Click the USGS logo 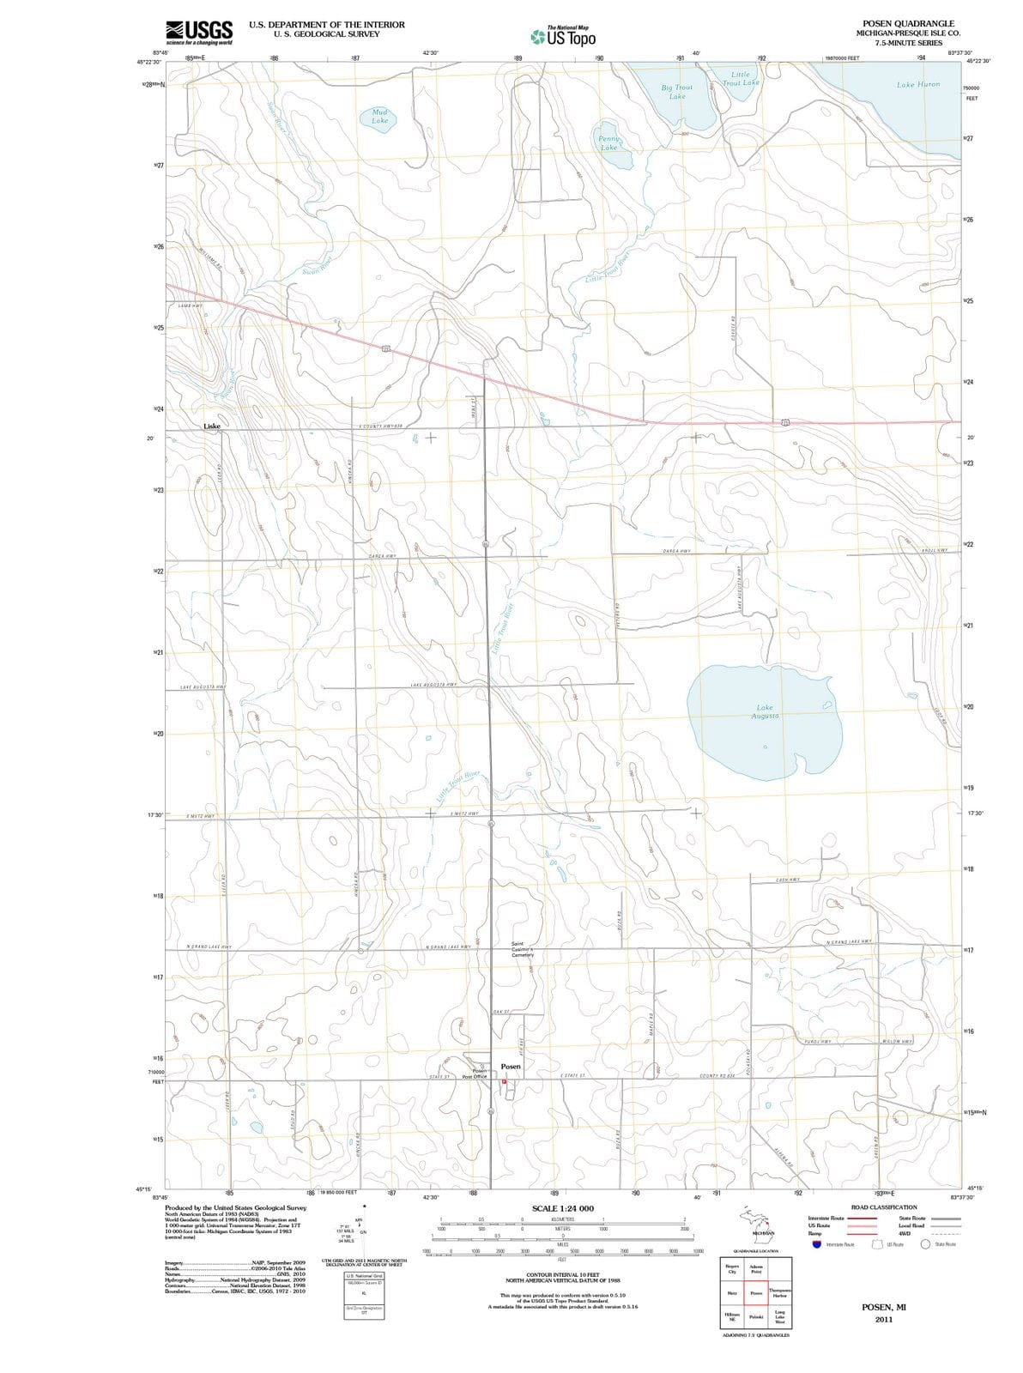(x=199, y=32)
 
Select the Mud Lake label (x=380, y=116)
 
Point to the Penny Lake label (x=608, y=142)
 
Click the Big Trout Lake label (x=677, y=91)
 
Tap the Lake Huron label (x=917, y=84)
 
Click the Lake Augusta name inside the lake (x=764, y=712)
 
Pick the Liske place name (x=212, y=426)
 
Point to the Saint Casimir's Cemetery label (x=523, y=950)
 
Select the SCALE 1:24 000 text (x=562, y=1208)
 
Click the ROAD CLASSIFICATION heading (x=883, y=1207)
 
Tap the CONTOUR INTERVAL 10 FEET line (x=562, y=1274)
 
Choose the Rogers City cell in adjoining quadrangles (x=732, y=1269)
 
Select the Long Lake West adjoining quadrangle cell (x=779, y=1316)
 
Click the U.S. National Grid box (x=364, y=1276)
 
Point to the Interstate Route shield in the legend (x=814, y=1244)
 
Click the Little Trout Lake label (x=740, y=79)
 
